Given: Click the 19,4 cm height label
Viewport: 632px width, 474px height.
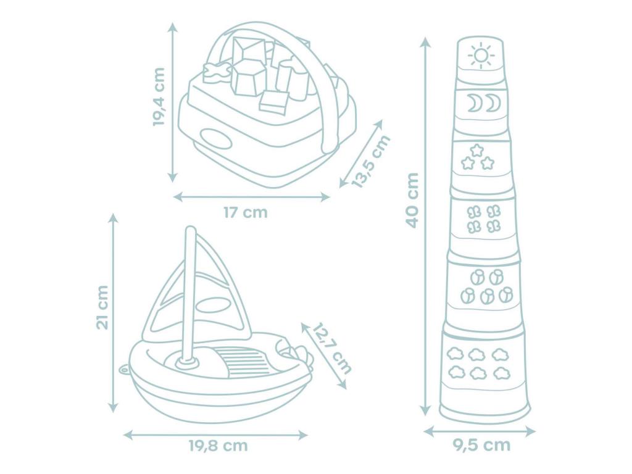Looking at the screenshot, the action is pos(159,97).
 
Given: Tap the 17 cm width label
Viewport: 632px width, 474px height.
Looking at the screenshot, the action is pos(246,212).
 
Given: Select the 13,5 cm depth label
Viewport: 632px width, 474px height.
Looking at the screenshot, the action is pos(371,162).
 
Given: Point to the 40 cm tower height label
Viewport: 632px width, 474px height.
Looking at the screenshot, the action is pos(412,201).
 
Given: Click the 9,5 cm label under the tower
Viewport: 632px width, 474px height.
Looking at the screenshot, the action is pos(481,445).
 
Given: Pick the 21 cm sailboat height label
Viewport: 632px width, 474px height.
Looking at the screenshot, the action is pos(102,307).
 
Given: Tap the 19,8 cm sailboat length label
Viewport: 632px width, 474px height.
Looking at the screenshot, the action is pos(218,446).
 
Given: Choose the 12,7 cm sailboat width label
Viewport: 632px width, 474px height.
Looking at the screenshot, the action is pos(331,348).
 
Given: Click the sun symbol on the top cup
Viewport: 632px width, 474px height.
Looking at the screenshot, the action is pos(481,56).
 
